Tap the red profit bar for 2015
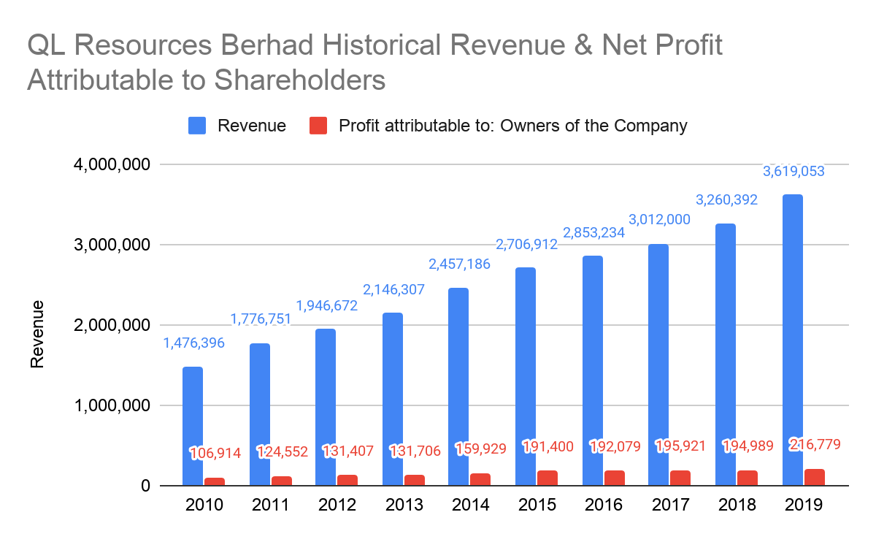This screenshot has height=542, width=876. click(x=547, y=478)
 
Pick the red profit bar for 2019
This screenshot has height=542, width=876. click(x=814, y=477)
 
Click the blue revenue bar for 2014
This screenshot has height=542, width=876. click(x=458, y=386)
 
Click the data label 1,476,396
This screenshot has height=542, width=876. click(x=193, y=343)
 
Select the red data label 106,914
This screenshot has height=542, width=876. click(x=215, y=453)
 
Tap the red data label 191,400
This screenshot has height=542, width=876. click(x=548, y=446)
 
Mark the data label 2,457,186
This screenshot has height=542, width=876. click(x=459, y=264)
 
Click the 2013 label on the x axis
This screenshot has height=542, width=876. click(x=403, y=505)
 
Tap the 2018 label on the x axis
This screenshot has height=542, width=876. click(x=736, y=505)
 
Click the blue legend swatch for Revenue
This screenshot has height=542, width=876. click(x=198, y=126)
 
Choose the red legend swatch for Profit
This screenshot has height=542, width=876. click(x=318, y=126)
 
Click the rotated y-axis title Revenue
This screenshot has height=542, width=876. click(x=37, y=333)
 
